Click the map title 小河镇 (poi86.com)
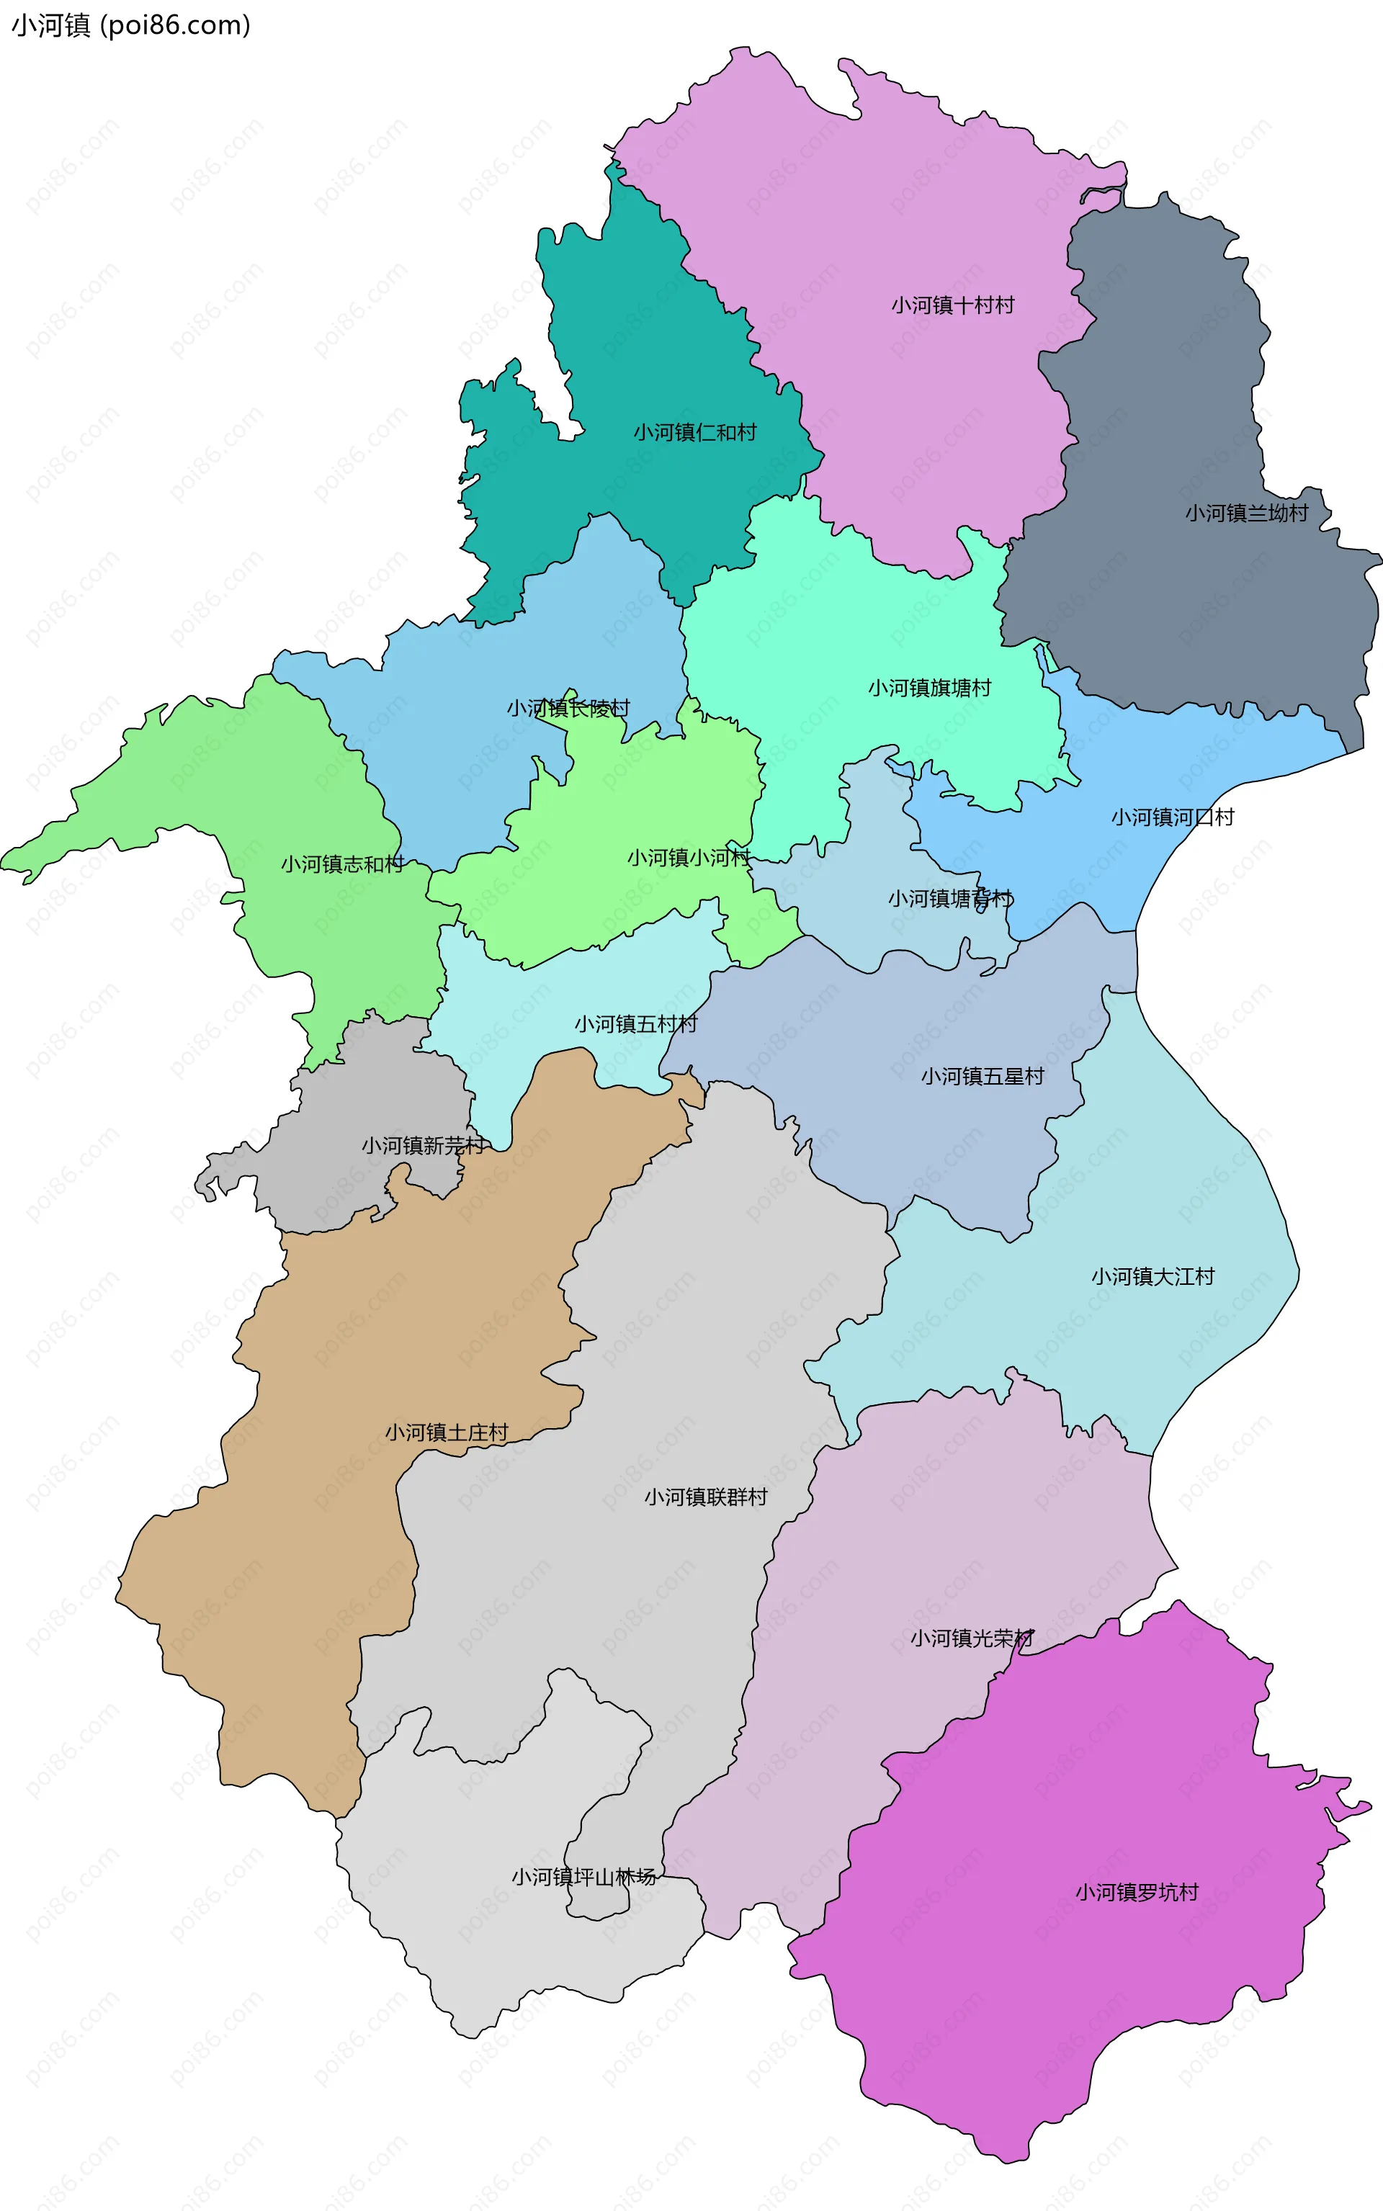point(130,26)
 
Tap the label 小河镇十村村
point(952,305)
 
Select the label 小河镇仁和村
point(695,433)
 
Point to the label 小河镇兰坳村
point(1246,513)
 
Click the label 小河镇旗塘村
point(929,688)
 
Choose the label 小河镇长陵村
point(568,708)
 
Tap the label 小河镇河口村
point(1172,817)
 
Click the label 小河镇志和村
point(342,864)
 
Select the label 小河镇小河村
point(688,858)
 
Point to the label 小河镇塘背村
point(950,899)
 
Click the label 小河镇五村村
point(636,1024)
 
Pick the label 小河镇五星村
point(983,1076)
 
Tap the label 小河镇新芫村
point(423,1146)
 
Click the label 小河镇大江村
point(1152,1276)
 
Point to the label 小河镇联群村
point(705,1497)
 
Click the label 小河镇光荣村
point(972,1638)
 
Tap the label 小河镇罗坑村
point(1136,1892)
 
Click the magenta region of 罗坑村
point(1052,2012)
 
